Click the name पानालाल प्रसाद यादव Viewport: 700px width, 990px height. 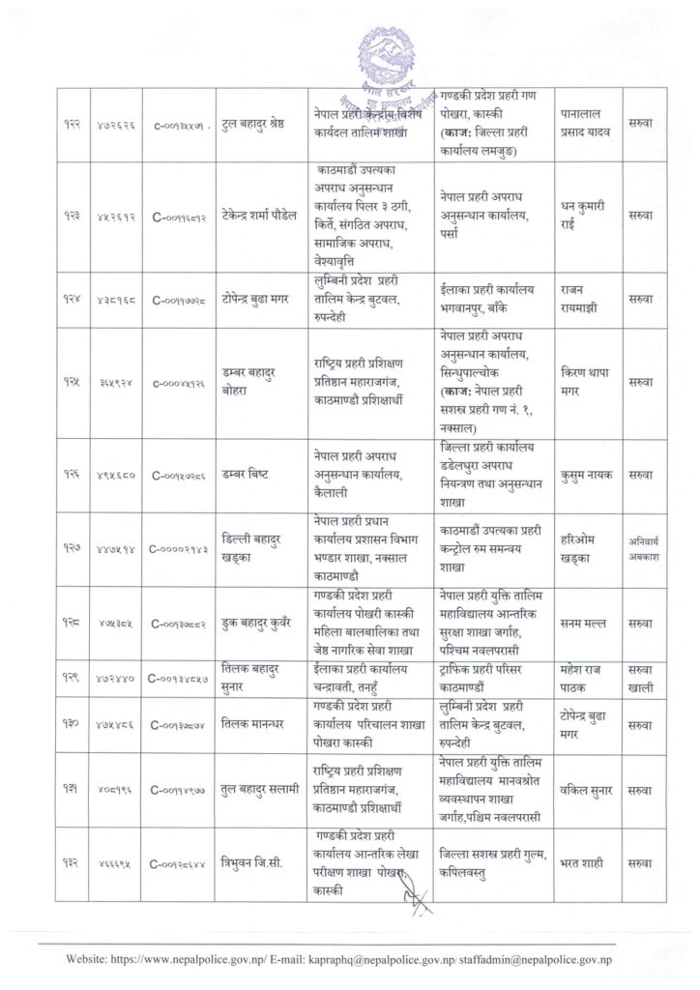[x=586, y=124]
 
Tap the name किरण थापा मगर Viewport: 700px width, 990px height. [x=586, y=383]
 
